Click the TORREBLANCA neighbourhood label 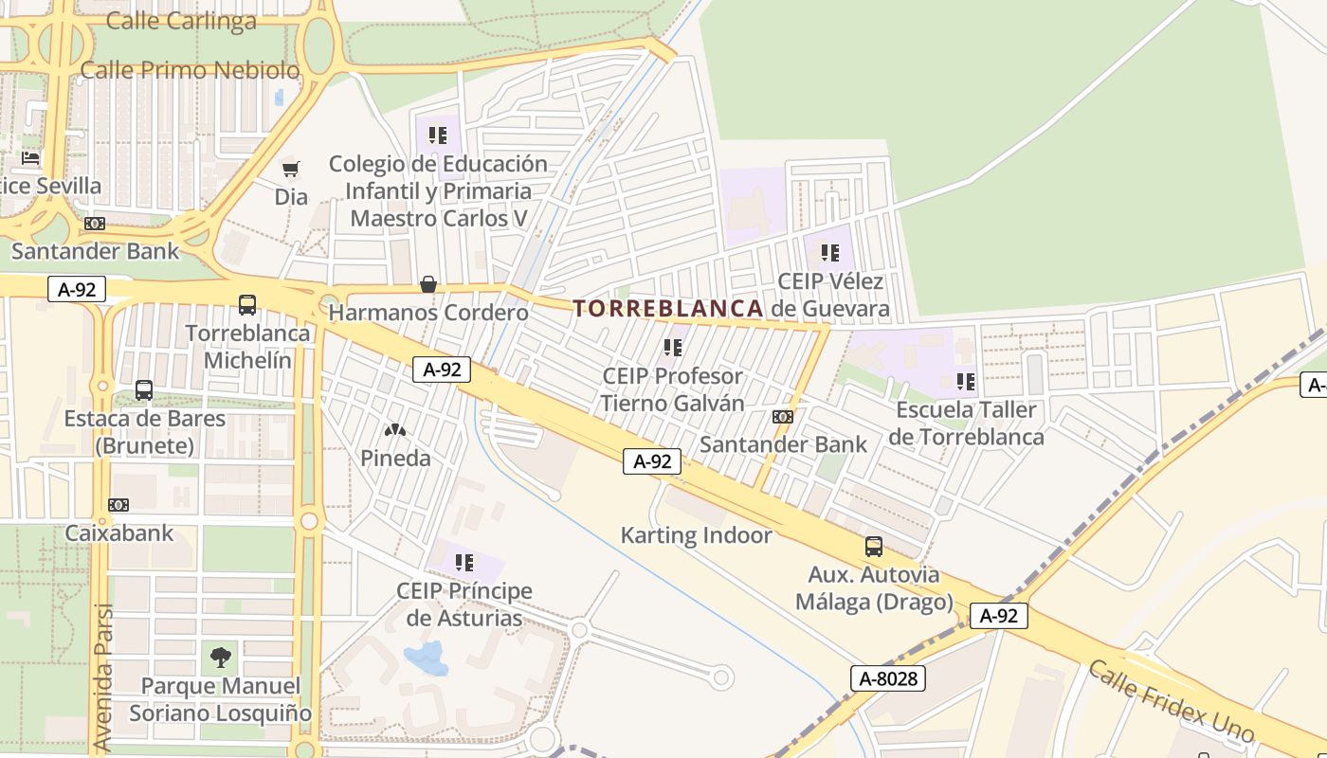(x=668, y=308)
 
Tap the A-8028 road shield (x=887, y=678)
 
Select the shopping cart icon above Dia (x=291, y=169)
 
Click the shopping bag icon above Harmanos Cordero (x=428, y=284)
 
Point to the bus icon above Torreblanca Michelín (x=247, y=305)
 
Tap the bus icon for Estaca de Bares (x=144, y=389)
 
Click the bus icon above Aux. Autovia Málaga (x=873, y=547)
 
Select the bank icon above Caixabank (x=118, y=505)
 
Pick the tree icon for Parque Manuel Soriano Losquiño (x=220, y=656)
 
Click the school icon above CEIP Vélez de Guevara (x=830, y=253)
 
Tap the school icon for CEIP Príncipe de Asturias (x=464, y=563)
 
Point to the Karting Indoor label (x=696, y=535)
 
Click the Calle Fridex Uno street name (x=1171, y=701)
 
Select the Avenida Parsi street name (x=103, y=677)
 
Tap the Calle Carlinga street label (x=181, y=21)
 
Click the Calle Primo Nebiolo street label (x=190, y=70)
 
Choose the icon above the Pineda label (x=395, y=430)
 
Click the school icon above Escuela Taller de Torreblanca (x=966, y=382)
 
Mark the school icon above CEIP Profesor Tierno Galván (x=673, y=348)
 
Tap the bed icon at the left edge (x=30, y=157)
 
